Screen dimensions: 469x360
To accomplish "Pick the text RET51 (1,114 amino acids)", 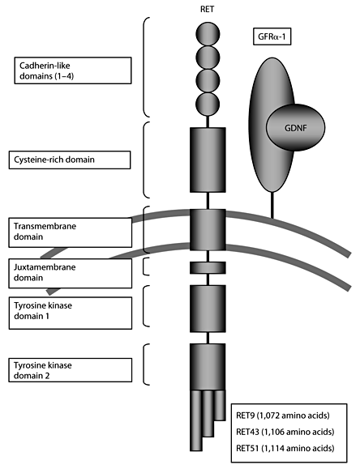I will [x=291, y=446].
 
